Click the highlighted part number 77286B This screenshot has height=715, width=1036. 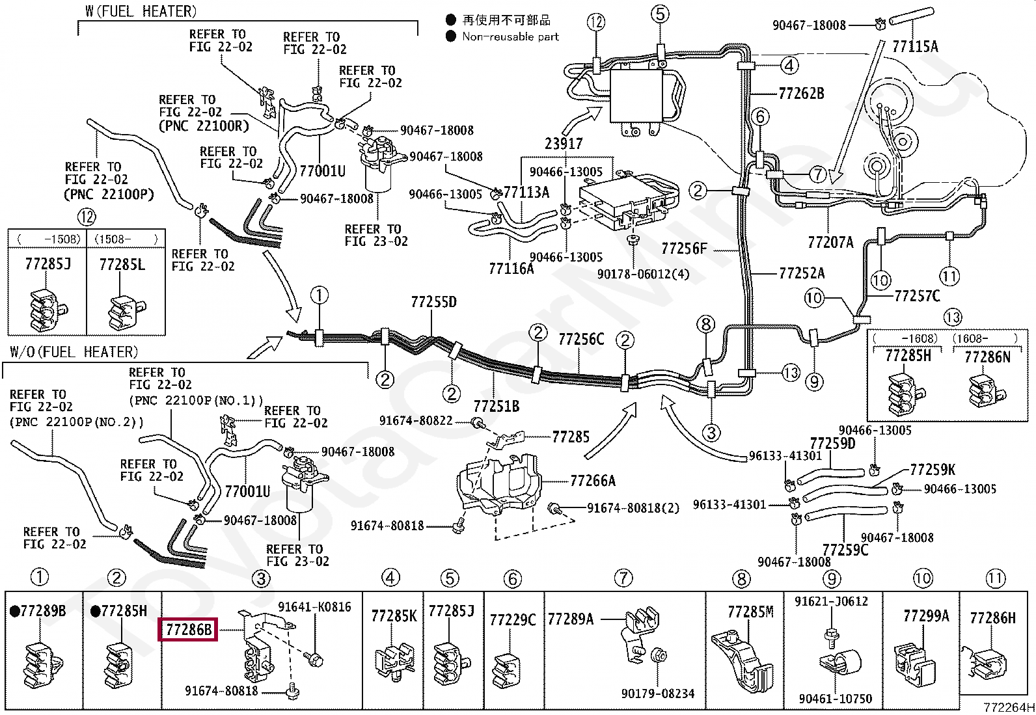(188, 629)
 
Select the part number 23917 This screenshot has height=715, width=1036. (563, 144)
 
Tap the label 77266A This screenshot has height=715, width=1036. (592, 481)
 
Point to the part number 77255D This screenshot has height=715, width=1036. (433, 302)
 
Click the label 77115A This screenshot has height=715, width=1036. (915, 46)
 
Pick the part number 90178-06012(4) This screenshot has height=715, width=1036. (643, 275)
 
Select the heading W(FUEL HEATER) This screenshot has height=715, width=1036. (141, 11)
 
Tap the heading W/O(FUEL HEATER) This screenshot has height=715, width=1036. (74, 353)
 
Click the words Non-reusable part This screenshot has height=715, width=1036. (510, 36)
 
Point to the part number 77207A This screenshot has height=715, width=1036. (830, 242)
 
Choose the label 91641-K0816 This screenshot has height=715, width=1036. (314, 607)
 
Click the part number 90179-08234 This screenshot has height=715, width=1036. (658, 694)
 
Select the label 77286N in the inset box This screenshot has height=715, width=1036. (987, 357)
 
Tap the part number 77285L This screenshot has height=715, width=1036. (122, 265)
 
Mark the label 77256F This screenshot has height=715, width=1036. (684, 249)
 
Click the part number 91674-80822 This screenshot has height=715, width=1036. (416, 420)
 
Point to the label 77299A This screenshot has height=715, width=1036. (926, 616)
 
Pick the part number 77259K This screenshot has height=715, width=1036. (933, 470)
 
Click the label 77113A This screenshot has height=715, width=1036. (526, 192)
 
